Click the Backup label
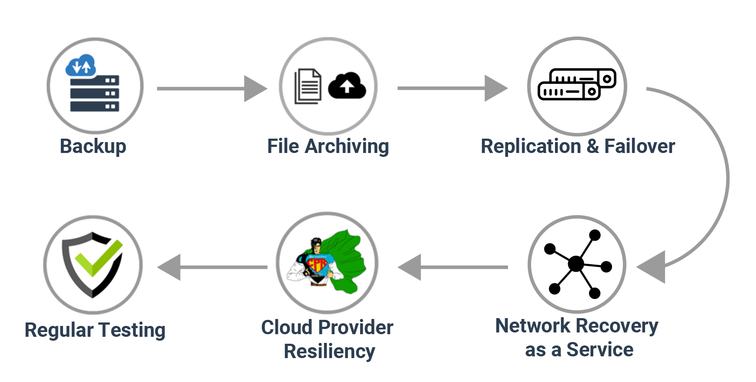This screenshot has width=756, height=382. point(93,146)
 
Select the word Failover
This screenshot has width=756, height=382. point(639,146)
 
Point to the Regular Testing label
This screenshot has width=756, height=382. point(95,330)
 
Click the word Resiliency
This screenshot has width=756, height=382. point(329,351)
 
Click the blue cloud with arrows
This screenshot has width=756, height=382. point(81,65)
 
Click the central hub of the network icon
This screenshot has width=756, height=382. point(576,263)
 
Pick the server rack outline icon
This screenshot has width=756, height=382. point(577,84)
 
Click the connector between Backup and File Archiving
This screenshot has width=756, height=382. point(212,89)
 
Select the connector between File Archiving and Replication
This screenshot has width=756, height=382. point(452,88)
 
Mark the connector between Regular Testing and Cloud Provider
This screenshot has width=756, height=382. point(212,267)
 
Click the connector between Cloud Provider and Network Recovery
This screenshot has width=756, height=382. point(452,267)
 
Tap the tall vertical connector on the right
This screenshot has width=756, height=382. point(687,179)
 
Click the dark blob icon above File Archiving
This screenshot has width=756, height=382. point(329,86)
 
